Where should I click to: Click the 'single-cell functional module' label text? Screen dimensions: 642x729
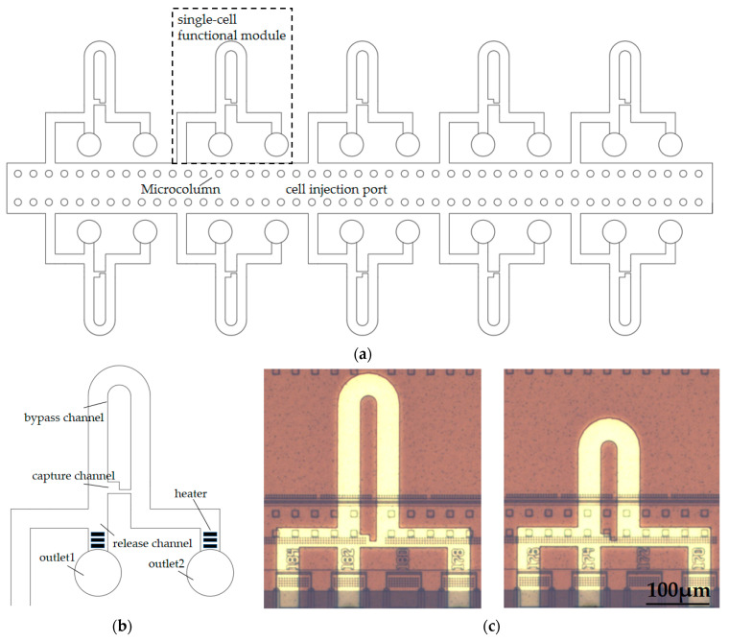click(x=231, y=28)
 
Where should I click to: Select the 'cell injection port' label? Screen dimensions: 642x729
click(x=338, y=189)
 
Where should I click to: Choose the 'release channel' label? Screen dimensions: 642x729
click(x=152, y=543)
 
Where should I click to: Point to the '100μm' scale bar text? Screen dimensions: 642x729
click(x=675, y=588)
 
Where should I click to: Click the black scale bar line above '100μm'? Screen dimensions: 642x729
click(x=675, y=605)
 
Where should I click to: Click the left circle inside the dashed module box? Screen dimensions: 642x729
click(x=221, y=145)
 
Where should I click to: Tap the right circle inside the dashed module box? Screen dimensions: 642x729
click(x=276, y=145)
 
